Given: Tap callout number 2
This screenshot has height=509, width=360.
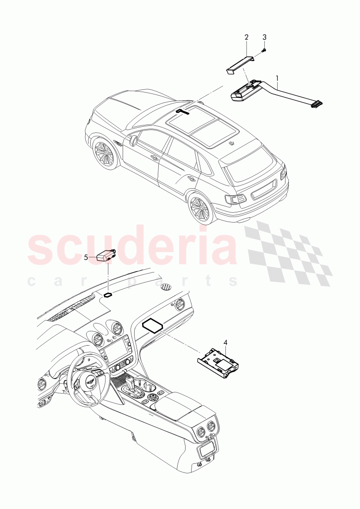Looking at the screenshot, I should tap(247, 37).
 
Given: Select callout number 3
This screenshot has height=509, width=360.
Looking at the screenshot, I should tap(265, 37).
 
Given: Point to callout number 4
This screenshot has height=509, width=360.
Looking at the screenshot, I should tap(225, 342).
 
